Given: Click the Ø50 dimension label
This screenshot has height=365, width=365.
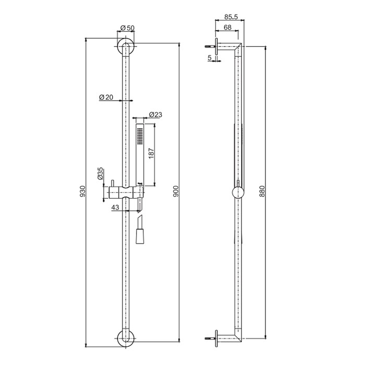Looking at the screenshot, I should pyautogui.click(x=127, y=28).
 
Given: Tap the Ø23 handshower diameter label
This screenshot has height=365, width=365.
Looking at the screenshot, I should pyautogui.click(x=156, y=115).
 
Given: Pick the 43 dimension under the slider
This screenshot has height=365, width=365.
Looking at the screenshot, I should pyautogui.click(x=116, y=207).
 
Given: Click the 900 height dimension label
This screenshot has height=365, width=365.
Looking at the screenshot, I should pyautogui.click(x=175, y=192).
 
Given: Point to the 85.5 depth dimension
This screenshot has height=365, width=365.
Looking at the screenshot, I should pyautogui.click(x=229, y=17).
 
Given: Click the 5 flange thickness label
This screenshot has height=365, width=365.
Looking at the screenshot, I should pyautogui.click(x=210, y=58).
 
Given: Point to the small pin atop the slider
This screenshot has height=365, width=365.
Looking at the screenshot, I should pyautogui.click(x=112, y=184).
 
